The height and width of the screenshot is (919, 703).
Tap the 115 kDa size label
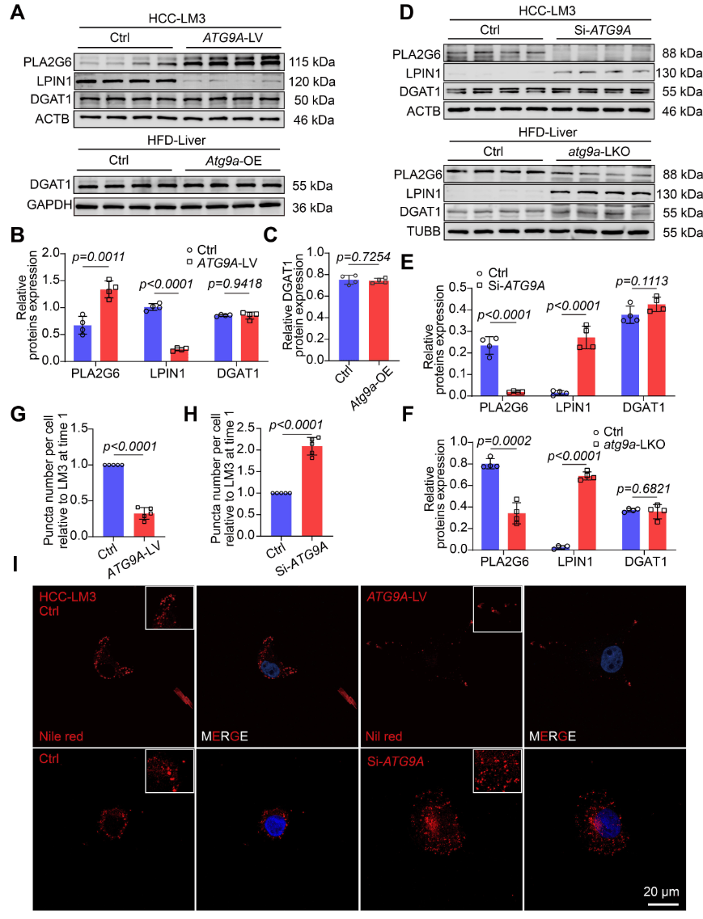coord(311,61)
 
